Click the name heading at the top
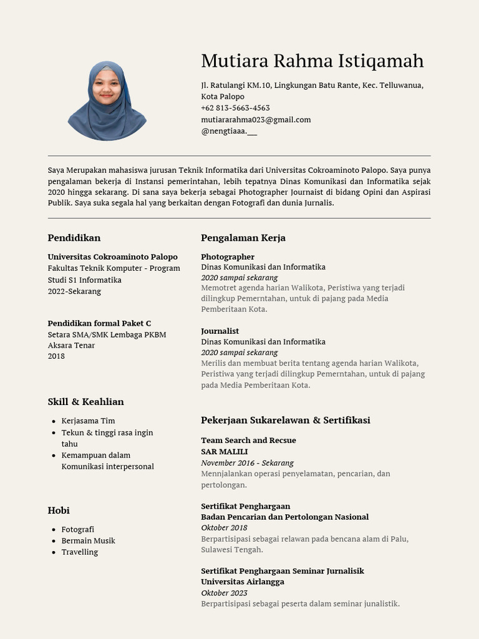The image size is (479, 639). pyautogui.click(x=312, y=61)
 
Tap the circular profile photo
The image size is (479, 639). pyautogui.click(x=107, y=101)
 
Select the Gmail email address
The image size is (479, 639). pyautogui.click(x=256, y=119)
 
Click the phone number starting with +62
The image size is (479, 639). pyautogui.click(x=235, y=108)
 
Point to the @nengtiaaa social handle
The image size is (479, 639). pyautogui.click(x=228, y=130)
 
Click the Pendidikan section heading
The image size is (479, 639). pyautogui.click(x=74, y=238)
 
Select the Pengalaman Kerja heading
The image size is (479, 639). pyautogui.click(x=243, y=238)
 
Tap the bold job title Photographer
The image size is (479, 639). pyautogui.click(x=228, y=256)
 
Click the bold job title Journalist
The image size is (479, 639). pyautogui.click(x=220, y=331)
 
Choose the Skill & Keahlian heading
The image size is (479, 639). pyautogui.click(x=85, y=402)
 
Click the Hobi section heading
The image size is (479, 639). pyautogui.click(x=59, y=510)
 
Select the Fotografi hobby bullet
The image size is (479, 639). pyautogui.click(x=77, y=529)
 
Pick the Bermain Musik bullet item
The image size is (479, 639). pyautogui.click(x=88, y=540)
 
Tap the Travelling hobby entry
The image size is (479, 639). pyautogui.click(x=79, y=552)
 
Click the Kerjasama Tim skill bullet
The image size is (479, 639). pyautogui.click(x=88, y=421)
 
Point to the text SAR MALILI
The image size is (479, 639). pyautogui.click(x=224, y=451)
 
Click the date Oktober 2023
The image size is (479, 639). pyautogui.click(x=224, y=593)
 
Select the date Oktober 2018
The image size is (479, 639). pyautogui.click(x=224, y=528)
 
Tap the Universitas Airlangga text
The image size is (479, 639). pyautogui.click(x=242, y=582)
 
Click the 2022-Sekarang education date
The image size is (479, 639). pyautogui.click(x=74, y=291)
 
